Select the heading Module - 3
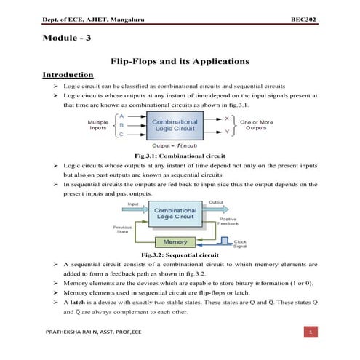pyautogui.click(x=68, y=40)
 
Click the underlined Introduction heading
pyautogui.click(x=67, y=75)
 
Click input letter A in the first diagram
pyautogui.click(x=121, y=116)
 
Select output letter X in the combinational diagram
pyautogui.click(x=227, y=117)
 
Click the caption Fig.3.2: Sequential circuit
pyautogui.click(x=178, y=255)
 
